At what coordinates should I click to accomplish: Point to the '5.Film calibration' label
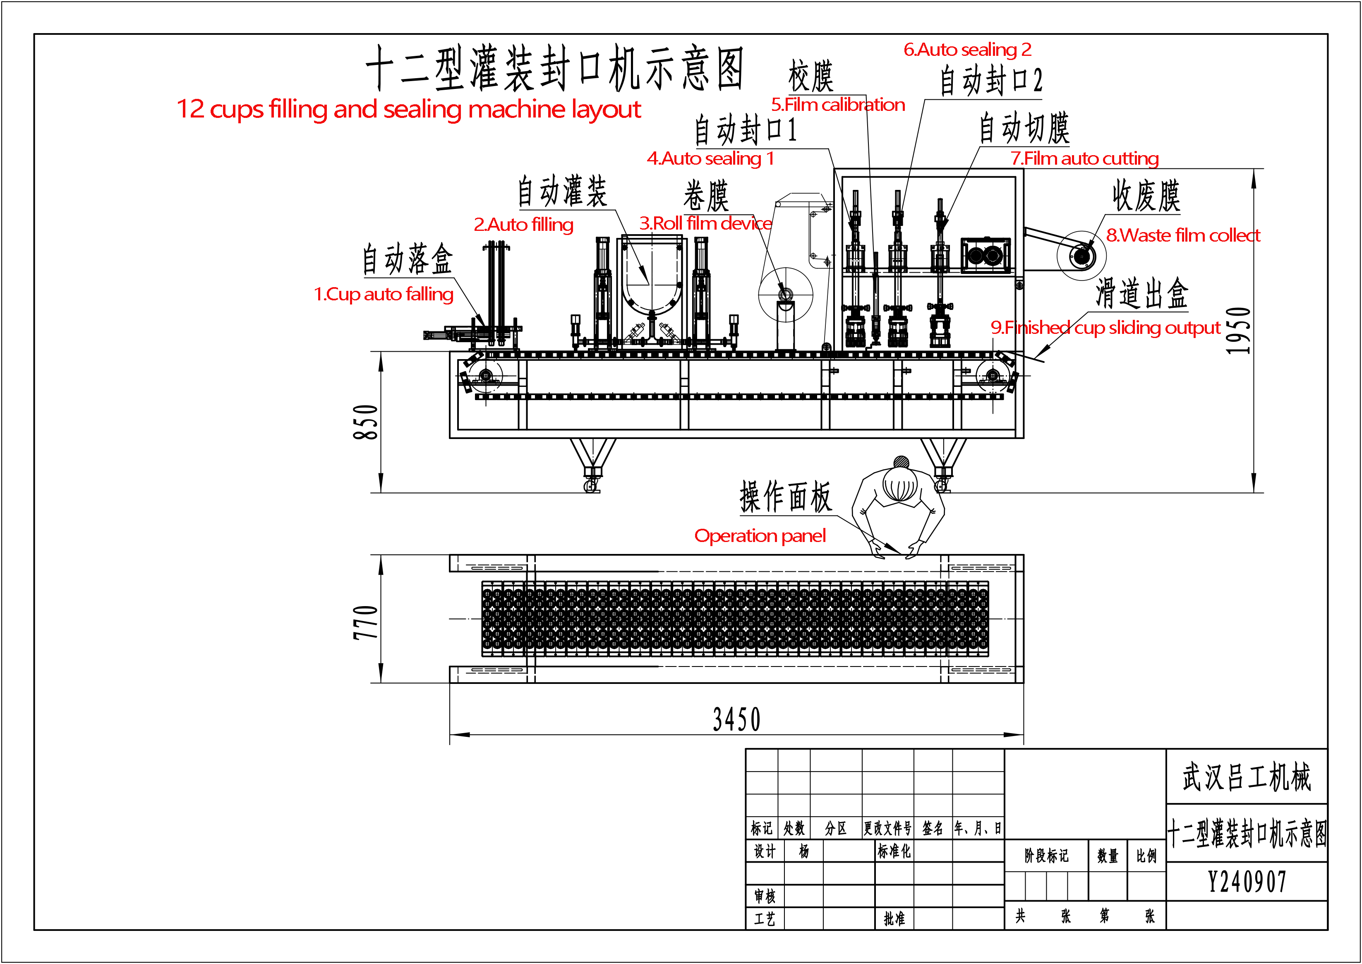coord(838,105)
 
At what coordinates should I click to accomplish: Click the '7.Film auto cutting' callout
coord(1084,158)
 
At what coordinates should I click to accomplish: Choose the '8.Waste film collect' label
coord(1183,236)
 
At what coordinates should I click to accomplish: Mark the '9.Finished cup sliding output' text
coord(1105,328)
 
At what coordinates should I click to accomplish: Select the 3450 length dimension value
coord(736,720)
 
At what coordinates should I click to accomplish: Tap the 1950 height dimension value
coord(1239,331)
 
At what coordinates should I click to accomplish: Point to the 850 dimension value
coord(366,422)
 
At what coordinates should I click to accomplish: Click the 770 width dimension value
coord(366,623)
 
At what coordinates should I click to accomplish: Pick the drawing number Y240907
coord(1247,882)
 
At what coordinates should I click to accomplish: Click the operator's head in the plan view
coord(900,484)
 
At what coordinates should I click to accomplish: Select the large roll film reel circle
coord(785,295)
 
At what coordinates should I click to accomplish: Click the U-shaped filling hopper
coord(652,276)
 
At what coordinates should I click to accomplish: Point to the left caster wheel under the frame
coord(591,486)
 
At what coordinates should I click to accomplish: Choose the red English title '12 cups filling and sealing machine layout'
coord(409,110)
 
